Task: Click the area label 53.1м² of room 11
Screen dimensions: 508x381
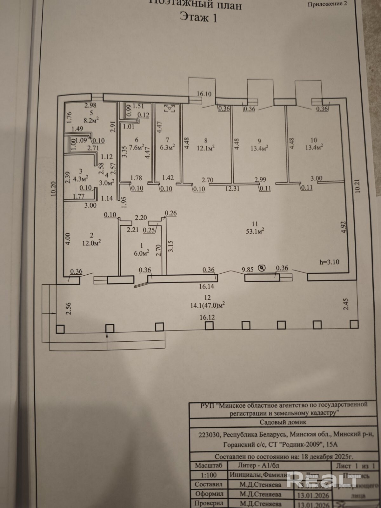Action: click(255, 231)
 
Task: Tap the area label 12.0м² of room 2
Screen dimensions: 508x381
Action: click(91, 243)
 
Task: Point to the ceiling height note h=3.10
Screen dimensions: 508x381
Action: click(330, 262)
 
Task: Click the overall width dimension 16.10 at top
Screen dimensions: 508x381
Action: click(204, 94)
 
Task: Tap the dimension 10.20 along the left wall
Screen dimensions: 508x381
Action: click(53, 189)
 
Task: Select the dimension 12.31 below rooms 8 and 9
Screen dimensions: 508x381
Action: click(232, 189)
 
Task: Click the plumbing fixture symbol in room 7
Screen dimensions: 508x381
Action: click(170, 109)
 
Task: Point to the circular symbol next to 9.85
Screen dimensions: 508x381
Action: click(262, 269)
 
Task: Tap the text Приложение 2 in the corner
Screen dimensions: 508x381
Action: click(327, 4)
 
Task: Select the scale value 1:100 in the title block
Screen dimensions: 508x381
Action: click(209, 475)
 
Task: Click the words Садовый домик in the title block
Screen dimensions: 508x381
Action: click(283, 422)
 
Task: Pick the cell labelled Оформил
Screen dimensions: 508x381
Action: click(209, 494)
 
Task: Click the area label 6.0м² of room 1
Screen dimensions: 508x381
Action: click(142, 253)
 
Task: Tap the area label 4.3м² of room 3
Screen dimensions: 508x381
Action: click(81, 178)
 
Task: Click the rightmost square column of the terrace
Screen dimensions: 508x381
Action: click(354, 324)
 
